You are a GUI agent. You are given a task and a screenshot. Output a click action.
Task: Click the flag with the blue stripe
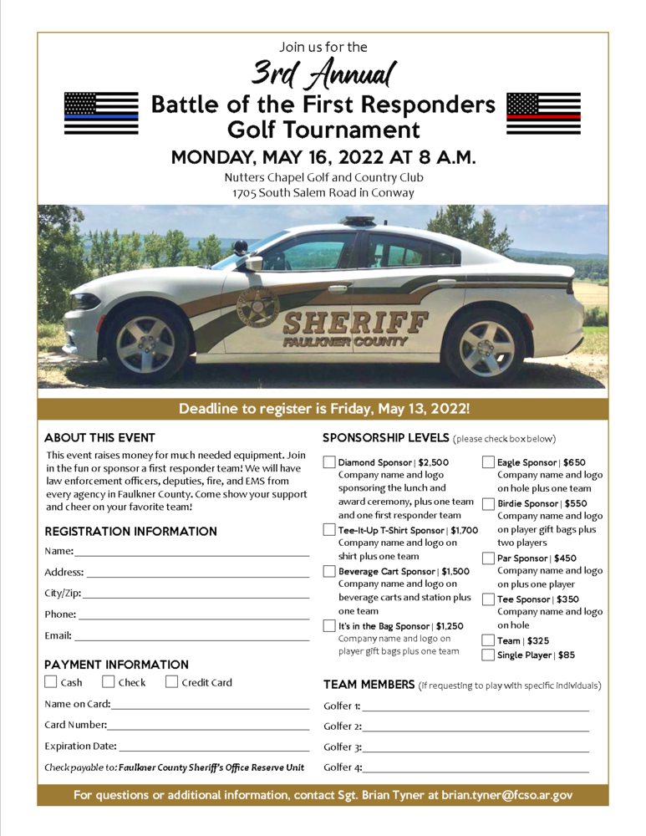pyautogui.click(x=101, y=114)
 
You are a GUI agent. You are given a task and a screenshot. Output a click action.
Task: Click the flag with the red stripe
pyautogui.click(x=543, y=114)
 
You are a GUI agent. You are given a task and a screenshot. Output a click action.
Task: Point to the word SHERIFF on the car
pyautogui.click(x=354, y=324)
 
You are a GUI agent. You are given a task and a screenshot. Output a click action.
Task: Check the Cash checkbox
pyautogui.click(x=51, y=682)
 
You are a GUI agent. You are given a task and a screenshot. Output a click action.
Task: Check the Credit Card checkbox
pyautogui.click(x=172, y=682)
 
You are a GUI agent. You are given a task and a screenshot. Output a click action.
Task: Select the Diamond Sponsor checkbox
pyautogui.click(x=329, y=462)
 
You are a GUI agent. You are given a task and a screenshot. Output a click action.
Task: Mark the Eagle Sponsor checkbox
pyautogui.click(x=488, y=462)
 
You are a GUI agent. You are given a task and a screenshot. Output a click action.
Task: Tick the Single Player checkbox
pyautogui.click(x=488, y=655)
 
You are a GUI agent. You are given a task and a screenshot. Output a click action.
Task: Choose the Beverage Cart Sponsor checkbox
pyautogui.click(x=329, y=572)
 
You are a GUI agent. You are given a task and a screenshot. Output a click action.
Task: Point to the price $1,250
pyautogui.click(x=449, y=626)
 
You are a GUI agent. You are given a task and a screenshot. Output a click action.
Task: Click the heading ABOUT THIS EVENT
pyautogui.click(x=99, y=437)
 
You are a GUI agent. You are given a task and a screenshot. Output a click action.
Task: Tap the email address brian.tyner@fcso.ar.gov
pyautogui.click(x=507, y=795)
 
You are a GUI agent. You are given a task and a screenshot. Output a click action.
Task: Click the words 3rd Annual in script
pyautogui.click(x=323, y=75)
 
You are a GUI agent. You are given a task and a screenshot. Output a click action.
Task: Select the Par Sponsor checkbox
pyautogui.click(x=488, y=558)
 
